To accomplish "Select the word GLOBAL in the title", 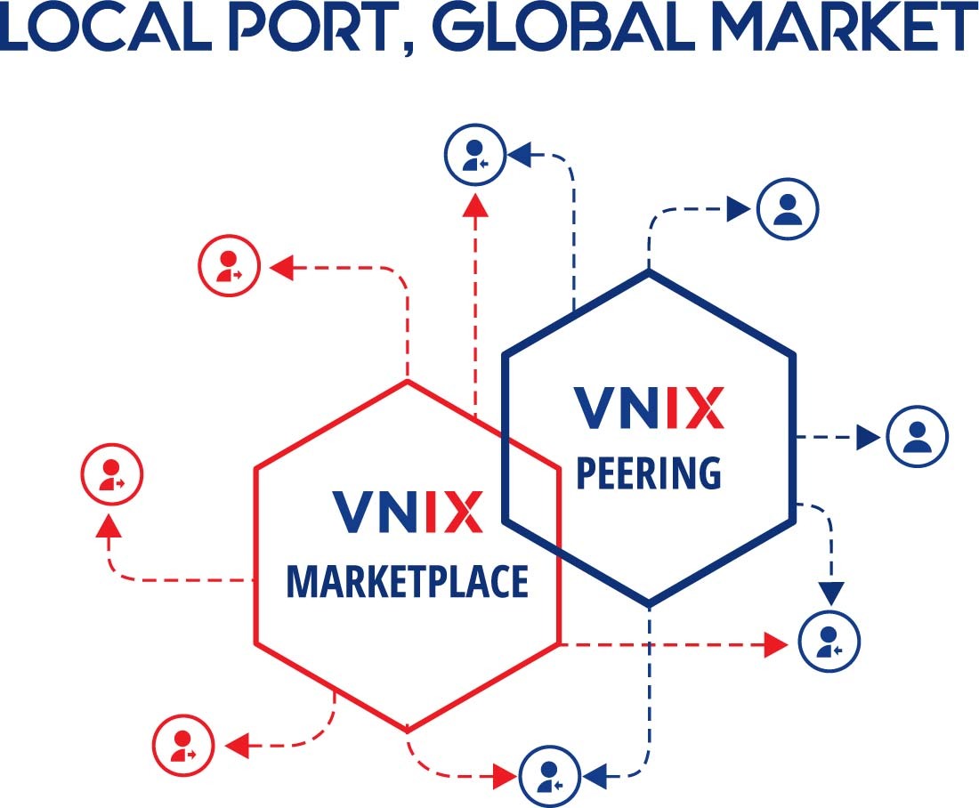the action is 564,28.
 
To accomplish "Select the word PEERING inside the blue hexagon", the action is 649,473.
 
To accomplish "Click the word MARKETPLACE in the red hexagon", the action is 407,581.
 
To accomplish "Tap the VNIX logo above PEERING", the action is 649,408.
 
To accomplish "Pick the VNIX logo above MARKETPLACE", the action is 408,512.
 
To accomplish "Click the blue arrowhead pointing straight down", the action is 831,593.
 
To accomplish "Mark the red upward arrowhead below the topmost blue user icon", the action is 476,205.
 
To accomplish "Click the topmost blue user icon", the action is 475,154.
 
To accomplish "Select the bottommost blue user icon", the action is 550,776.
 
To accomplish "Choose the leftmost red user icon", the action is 112,474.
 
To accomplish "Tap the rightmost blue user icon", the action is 918,436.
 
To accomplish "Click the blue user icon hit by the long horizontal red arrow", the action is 829,642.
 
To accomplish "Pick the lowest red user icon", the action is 183,745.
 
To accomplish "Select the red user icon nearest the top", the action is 229,265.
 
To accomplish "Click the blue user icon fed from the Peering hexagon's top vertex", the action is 788,208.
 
